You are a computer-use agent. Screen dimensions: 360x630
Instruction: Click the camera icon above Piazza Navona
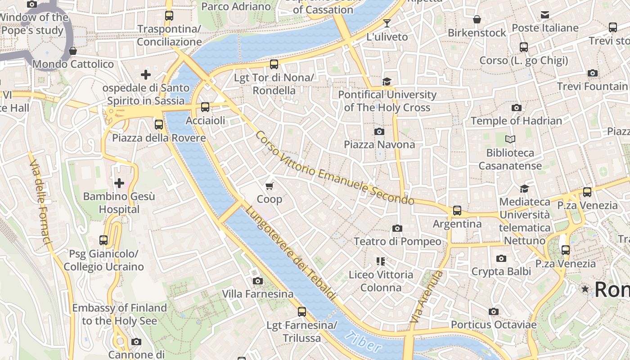(379, 131)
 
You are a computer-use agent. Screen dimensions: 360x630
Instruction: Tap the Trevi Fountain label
(592, 86)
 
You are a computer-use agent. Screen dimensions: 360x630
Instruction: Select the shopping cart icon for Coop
(270, 186)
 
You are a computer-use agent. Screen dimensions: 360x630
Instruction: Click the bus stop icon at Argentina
(457, 211)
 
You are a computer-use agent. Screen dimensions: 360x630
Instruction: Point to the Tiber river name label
(364, 342)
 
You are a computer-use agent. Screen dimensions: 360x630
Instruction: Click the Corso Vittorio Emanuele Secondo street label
(334, 168)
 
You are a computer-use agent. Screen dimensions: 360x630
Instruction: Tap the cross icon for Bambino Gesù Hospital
(119, 183)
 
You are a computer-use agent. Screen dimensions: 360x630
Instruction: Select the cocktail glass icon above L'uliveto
(387, 23)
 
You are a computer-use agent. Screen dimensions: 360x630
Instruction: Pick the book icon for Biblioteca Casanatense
(510, 139)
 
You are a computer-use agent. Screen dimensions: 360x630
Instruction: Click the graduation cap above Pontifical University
(387, 81)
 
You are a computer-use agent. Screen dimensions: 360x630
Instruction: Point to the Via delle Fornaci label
(40, 202)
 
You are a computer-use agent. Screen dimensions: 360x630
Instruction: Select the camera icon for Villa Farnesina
(258, 281)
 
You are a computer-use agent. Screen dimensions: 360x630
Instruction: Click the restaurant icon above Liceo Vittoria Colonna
(381, 261)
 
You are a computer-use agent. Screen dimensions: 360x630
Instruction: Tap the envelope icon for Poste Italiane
(545, 15)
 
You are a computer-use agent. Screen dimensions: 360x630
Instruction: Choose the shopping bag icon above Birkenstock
(477, 19)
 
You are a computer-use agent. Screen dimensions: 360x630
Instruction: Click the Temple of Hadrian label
(516, 121)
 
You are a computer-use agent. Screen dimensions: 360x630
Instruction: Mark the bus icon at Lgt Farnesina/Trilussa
(302, 311)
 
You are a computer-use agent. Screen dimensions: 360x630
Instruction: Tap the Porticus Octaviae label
(494, 324)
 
